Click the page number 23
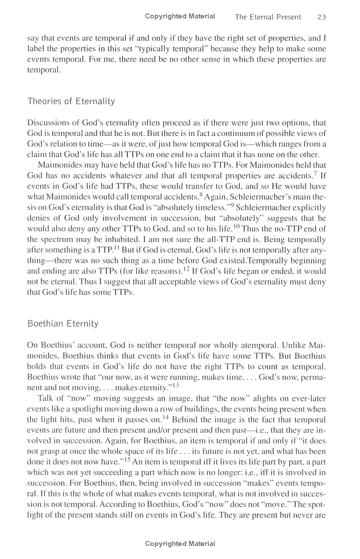(x=321, y=17)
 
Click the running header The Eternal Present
(x=268, y=17)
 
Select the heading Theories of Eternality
(x=71, y=101)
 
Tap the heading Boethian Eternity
(x=63, y=324)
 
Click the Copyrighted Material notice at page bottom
(x=180, y=544)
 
